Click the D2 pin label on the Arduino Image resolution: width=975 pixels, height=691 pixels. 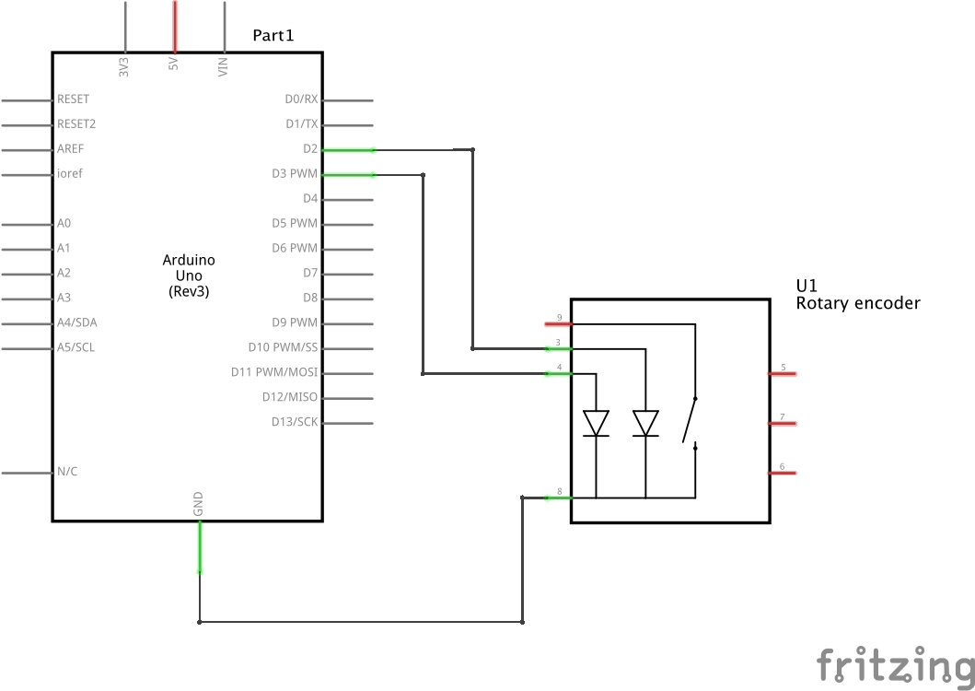(x=309, y=149)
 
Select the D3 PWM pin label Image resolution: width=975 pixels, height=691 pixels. (x=294, y=174)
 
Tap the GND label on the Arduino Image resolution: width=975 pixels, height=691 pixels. (x=199, y=503)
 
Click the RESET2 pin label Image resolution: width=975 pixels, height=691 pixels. (x=76, y=124)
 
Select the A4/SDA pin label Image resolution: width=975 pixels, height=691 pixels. (x=76, y=323)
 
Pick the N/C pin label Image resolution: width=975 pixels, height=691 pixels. (x=67, y=473)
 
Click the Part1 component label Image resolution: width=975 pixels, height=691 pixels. (x=273, y=36)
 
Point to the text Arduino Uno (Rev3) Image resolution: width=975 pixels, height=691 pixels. (x=189, y=275)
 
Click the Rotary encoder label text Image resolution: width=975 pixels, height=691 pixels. (x=857, y=303)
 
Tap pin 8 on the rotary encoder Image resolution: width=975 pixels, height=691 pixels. (x=558, y=498)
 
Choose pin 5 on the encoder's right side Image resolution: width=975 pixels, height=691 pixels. (x=783, y=373)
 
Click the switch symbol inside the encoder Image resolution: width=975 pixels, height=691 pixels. (x=690, y=423)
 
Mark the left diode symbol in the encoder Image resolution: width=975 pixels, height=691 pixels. (x=597, y=423)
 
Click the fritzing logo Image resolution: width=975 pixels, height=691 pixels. (x=894, y=665)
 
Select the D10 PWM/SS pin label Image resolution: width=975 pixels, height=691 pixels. (x=283, y=348)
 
